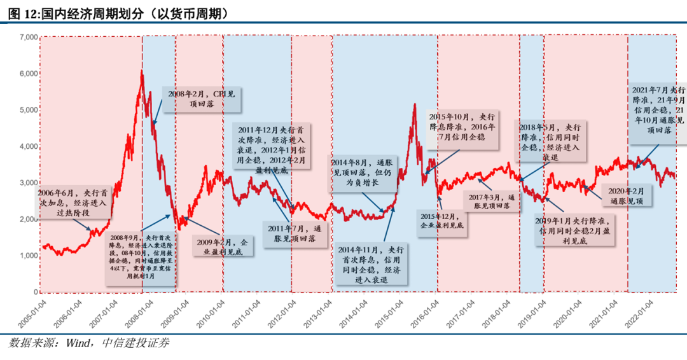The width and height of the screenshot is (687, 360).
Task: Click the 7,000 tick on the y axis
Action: pyautogui.click(x=27, y=38)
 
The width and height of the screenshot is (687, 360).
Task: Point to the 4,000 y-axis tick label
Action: pyautogui.click(x=27, y=146)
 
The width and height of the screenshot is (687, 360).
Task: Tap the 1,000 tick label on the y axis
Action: pyautogui.click(x=27, y=256)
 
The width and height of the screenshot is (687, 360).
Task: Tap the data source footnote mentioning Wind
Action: pyautogui.click(x=89, y=343)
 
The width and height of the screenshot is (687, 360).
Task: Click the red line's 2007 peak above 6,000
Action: pyautogui.click(x=141, y=72)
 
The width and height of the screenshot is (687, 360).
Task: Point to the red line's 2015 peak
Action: pyautogui.click(x=414, y=105)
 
